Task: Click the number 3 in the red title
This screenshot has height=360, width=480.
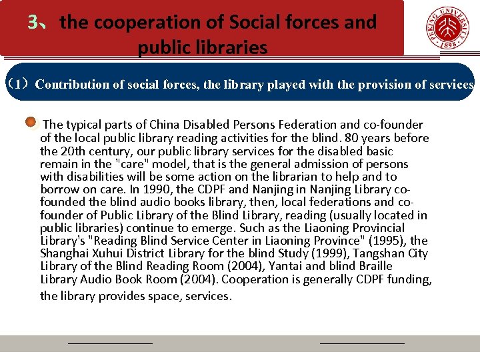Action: [x=33, y=23]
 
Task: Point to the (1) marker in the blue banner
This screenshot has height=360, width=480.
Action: [x=18, y=85]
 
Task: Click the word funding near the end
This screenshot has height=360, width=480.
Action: [x=409, y=279]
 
